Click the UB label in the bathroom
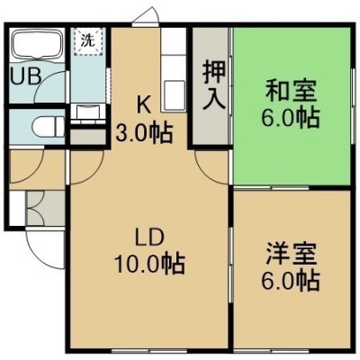click(25, 76)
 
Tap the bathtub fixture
click(37, 44)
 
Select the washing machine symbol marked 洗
click(88, 41)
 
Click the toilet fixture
click(48, 127)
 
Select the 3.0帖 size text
click(144, 133)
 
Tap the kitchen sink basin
click(174, 95)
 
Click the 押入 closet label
click(213, 85)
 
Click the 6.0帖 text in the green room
click(290, 118)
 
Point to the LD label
click(149, 238)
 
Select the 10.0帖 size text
click(149, 264)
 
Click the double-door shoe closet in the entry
click(45, 209)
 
